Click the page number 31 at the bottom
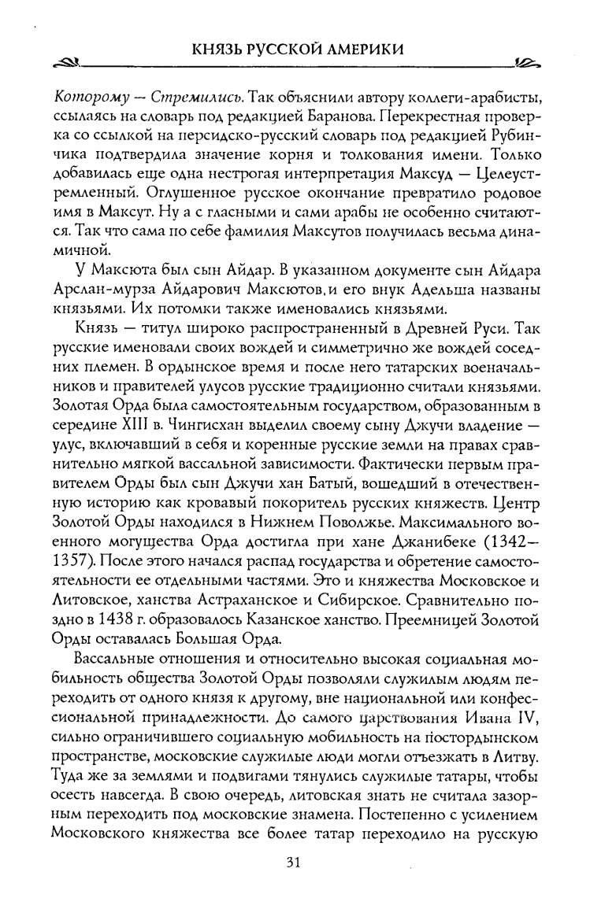coord(295,863)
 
